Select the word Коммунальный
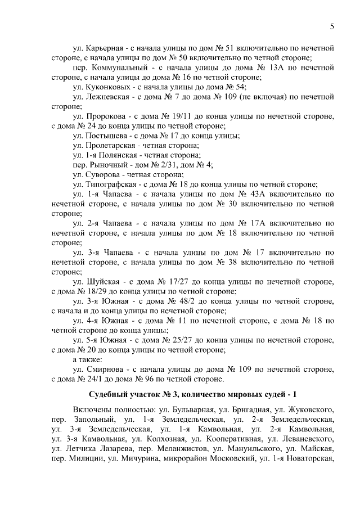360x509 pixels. point(112,67)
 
